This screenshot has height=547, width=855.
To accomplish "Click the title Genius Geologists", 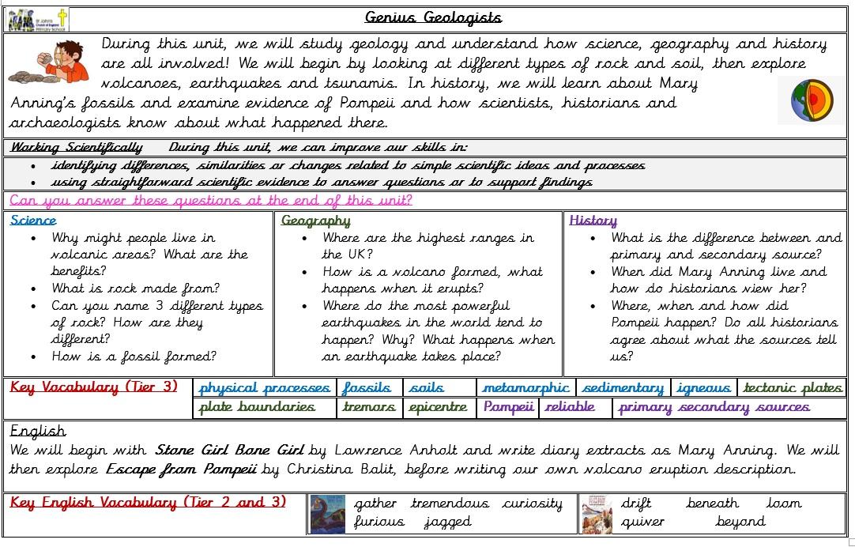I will click(433, 17).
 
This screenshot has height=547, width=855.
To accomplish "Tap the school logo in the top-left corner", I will click(37, 19).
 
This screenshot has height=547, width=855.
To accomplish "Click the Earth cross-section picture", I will click(810, 100).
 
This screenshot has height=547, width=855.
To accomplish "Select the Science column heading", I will click(33, 221).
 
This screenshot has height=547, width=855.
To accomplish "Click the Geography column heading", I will click(315, 221).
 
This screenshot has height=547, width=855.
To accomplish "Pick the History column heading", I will click(593, 221).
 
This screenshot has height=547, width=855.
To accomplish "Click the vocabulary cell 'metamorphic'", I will click(525, 388).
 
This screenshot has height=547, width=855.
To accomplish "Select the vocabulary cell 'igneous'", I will click(703, 388).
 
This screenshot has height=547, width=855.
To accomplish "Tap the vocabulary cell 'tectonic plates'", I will click(793, 388).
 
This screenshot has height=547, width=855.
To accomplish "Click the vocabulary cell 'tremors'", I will click(368, 408).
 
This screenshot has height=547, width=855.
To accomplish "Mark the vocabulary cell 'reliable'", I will click(570, 408).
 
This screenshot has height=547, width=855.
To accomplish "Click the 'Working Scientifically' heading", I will click(76, 147).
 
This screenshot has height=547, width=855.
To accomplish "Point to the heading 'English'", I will click(37, 431).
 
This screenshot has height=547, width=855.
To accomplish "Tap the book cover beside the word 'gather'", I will click(327, 514).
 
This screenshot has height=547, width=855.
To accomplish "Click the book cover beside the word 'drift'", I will click(597, 514).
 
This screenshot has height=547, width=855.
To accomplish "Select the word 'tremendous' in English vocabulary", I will click(450, 504).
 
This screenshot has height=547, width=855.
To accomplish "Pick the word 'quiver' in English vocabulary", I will click(642, 522).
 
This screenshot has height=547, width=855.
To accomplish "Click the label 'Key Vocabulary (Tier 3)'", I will click(94, 387).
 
